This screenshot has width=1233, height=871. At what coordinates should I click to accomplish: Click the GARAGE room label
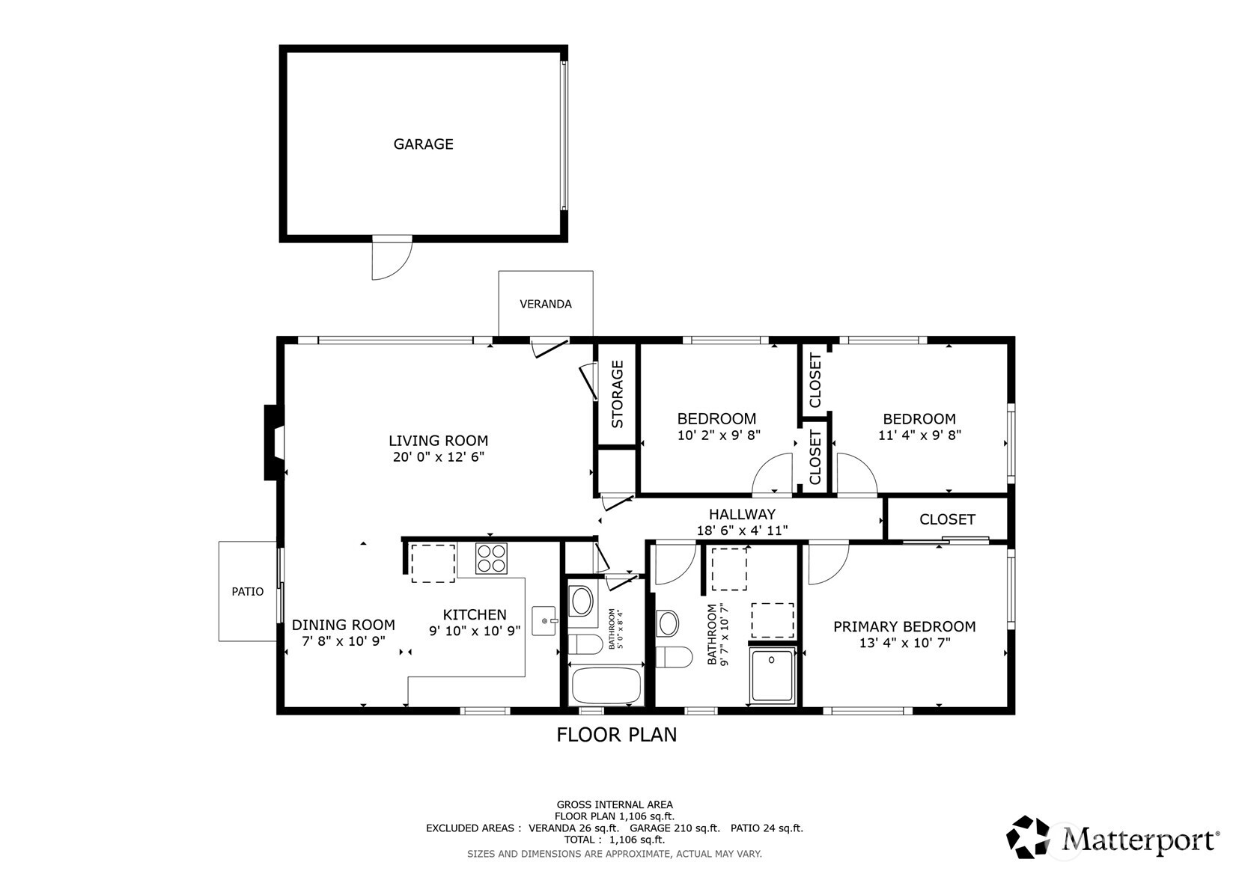(423, 144)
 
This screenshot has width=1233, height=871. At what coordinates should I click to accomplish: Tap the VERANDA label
(546, 304)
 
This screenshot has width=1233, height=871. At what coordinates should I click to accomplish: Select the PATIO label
(247, 591)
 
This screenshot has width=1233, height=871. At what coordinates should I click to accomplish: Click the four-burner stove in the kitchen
(491, 558)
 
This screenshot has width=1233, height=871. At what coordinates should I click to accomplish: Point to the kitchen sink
(544, 620)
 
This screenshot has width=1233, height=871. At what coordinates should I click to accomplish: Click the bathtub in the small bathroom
(606, 685)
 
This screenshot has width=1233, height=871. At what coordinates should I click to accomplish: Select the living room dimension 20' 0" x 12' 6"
(438, 457)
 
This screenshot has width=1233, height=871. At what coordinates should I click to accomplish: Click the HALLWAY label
(742, 515)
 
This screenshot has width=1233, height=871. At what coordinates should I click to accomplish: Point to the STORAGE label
(617, 394)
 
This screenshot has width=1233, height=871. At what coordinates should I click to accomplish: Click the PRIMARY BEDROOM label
(904, 627)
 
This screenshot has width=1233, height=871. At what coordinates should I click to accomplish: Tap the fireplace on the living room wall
(274, 442)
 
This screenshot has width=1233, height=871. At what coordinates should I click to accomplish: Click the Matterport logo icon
(1028, 837)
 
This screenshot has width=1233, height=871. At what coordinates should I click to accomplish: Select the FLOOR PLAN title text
(617, 735)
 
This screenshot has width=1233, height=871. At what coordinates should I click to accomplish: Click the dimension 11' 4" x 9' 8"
(919, 435)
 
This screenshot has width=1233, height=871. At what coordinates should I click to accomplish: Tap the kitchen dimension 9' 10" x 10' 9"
(475, 631)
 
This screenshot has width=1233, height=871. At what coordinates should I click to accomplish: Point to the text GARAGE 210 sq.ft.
(675, 828)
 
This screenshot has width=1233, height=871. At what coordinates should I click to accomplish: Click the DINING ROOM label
(343, 625)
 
